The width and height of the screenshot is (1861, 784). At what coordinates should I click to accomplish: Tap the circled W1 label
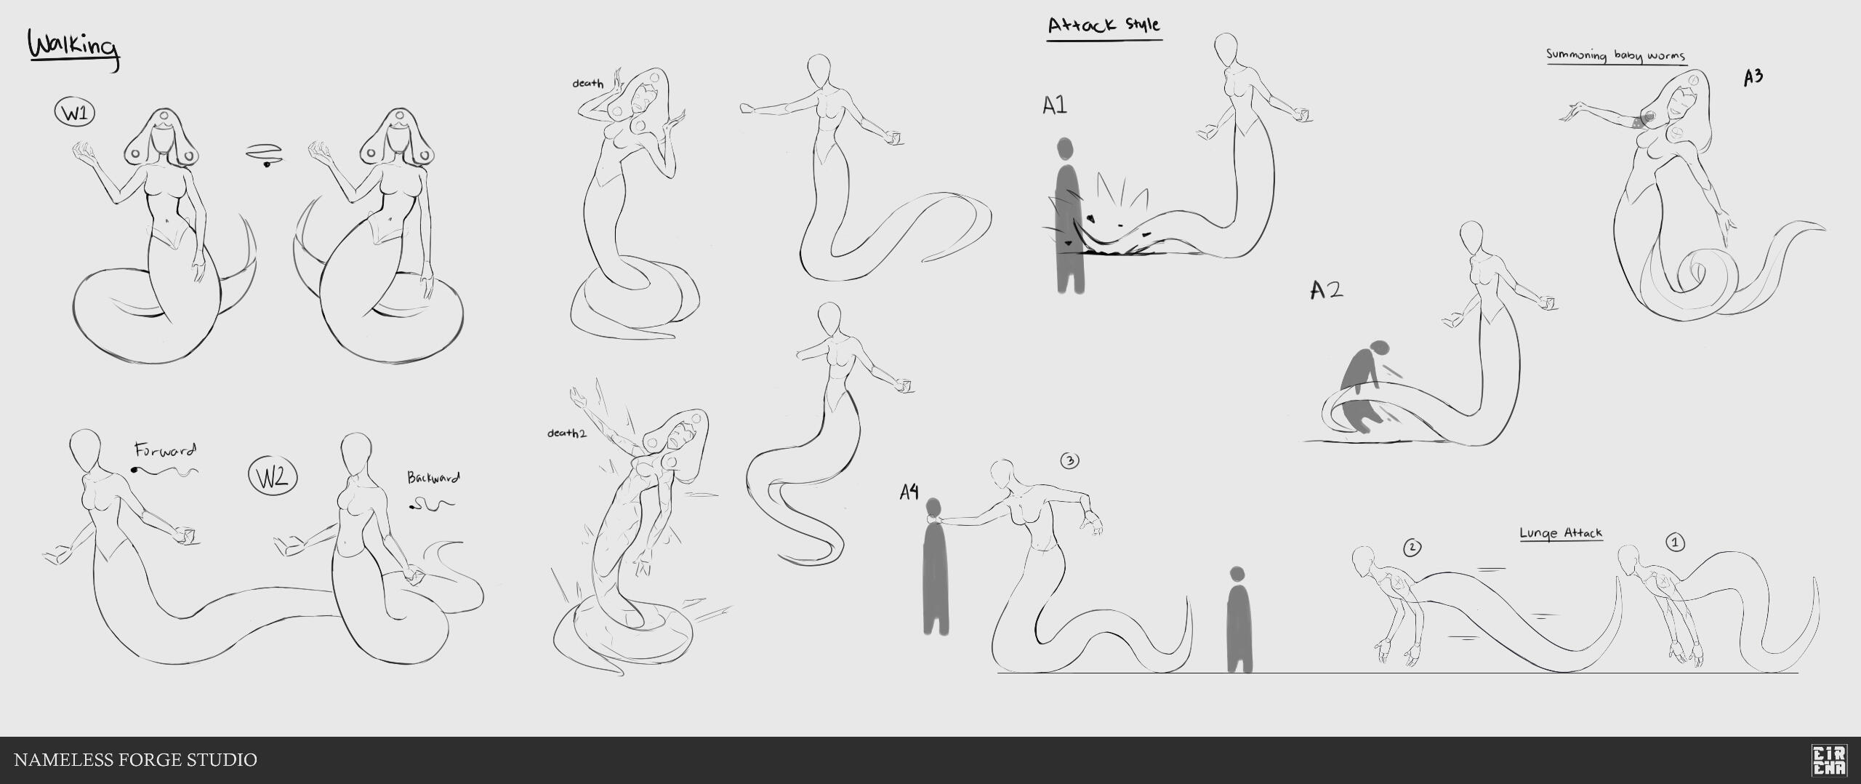75,113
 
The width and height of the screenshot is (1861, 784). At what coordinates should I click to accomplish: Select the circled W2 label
273,477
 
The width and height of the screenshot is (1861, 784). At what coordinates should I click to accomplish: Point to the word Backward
433,479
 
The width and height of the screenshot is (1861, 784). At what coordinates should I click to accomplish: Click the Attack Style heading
1104,25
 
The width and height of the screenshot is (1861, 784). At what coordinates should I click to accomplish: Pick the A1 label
1055,106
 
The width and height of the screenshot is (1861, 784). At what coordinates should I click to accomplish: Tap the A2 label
1327,291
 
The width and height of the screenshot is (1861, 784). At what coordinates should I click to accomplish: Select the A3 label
1753,77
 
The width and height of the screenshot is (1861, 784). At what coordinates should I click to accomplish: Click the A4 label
909,492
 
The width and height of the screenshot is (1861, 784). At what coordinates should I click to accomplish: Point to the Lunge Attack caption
1561,533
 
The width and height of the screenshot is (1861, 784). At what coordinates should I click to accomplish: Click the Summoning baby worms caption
1615,55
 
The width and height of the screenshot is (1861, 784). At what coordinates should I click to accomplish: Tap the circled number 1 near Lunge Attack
1675,543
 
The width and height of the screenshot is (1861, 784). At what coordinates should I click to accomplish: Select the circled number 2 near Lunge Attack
1412,548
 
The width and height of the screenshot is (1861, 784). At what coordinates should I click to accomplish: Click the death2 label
566,433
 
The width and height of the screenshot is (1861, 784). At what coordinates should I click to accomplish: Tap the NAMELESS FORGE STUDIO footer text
136,760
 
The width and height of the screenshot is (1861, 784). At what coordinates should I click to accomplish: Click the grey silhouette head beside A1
1065,149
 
